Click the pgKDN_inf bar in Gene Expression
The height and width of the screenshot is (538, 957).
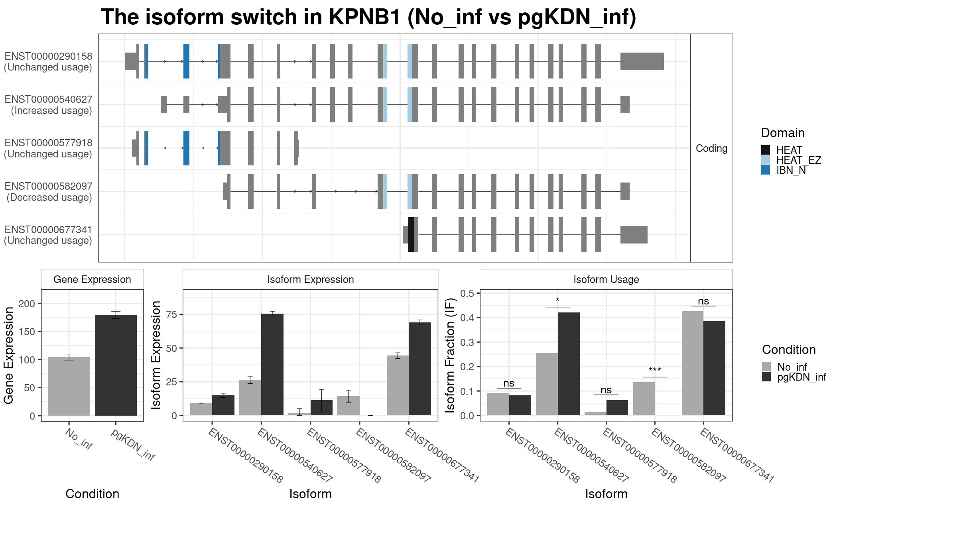coord(116,365)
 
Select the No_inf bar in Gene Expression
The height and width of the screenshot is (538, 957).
coord(69,386)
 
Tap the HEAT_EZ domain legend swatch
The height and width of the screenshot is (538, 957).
coord(766,160)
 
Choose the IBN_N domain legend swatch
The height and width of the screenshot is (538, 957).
coord(766,170)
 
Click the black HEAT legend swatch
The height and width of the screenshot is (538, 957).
coord(766,150)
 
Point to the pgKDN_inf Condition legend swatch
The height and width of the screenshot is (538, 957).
coord(766,377)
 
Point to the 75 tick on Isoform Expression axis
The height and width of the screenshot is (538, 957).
coord(172,314)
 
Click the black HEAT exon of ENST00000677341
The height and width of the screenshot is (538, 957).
coord(411,235)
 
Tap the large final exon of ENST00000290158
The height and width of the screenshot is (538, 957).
coord(642,61)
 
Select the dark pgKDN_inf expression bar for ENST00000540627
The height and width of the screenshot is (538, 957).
coord(272,365)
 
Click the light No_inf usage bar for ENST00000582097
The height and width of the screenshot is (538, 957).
coord(644,399)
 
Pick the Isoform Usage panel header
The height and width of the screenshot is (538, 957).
coord(606,279)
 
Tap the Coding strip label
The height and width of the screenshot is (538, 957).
coord(711,148)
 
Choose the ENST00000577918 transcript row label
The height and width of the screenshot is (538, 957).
coord(48,148)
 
